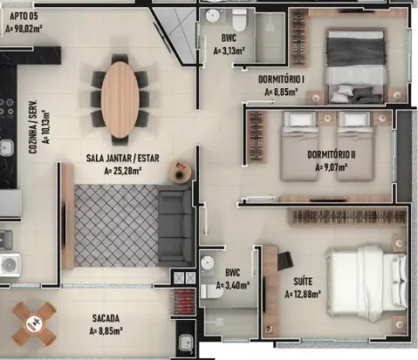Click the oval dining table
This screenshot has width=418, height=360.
click(120, 100)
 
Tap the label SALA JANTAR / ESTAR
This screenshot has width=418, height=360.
click(123, 158)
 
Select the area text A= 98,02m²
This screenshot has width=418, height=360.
click(24, 29)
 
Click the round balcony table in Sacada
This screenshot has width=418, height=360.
click(34, 324)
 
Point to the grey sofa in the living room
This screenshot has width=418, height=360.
click(176, 226)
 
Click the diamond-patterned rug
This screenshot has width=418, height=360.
click(117, 226)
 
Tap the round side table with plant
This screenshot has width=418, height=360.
click(181, 172)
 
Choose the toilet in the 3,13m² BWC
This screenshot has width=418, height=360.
click(239, 20)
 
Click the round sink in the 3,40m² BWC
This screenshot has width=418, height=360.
click(207, 262)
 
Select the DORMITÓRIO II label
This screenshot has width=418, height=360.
click(331, 155)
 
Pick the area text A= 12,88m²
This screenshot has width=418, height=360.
click(302, 294)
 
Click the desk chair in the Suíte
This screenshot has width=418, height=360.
click(285, 260)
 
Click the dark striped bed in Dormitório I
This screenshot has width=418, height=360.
click(357, 65)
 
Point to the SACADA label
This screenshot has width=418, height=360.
click(106, 318)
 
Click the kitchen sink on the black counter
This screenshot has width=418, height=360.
click(6, 148)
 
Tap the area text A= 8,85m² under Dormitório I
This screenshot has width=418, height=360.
click(281, 92)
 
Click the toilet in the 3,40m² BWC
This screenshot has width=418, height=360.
click(212, 292)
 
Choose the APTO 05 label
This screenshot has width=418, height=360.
click(24, 16)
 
